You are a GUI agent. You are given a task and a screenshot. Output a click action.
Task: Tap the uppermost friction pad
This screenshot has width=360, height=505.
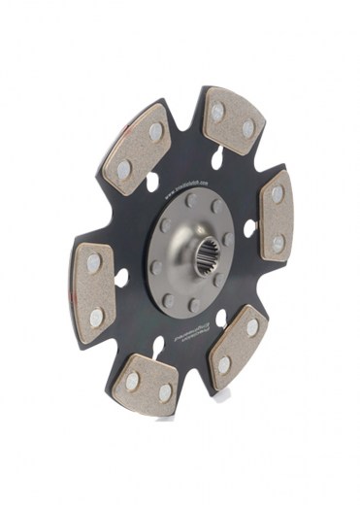pos(232,119)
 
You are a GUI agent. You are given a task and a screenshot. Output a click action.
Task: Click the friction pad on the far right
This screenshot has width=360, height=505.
pos(276,218)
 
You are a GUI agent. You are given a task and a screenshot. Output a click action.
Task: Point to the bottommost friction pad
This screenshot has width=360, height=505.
pos(147,384)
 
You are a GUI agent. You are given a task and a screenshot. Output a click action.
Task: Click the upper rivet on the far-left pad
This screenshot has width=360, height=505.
pos(93,263)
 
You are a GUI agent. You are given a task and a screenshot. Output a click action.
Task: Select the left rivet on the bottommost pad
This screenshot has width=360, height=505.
pos(132,381)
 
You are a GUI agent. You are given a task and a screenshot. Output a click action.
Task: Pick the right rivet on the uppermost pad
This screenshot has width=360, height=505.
pos(248,128)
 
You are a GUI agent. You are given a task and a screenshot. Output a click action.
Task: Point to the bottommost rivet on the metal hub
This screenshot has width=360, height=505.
pos(193,305)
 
